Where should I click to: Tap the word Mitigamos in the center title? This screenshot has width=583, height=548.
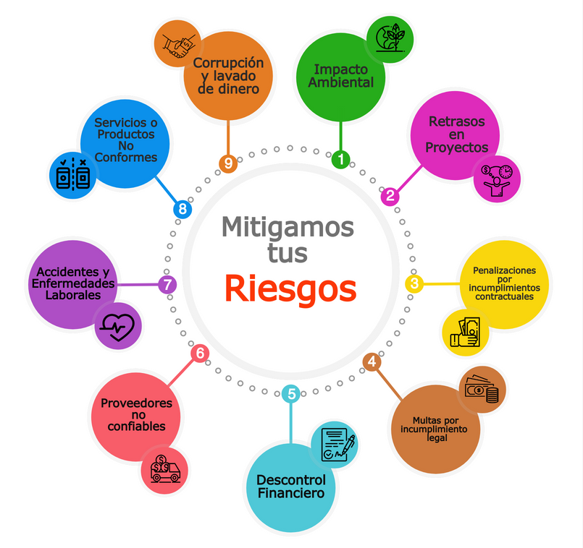(288, 227)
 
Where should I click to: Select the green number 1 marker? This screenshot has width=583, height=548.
(340, 159)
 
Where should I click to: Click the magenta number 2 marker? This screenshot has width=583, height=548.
(390, 195)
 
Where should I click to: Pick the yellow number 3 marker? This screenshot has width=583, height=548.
(414, 283)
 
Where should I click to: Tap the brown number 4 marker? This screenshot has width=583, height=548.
(372, 361)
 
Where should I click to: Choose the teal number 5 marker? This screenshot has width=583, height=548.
(291, 394)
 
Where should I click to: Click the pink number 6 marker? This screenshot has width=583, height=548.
(200, 354)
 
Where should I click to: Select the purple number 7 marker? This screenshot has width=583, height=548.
(167, 285)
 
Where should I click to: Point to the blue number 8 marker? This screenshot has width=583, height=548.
(183, 209)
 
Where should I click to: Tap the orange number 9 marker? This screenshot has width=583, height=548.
(228, 163)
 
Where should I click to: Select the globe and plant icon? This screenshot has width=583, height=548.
(390, 38)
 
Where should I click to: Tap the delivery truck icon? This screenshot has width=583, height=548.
(164, 469)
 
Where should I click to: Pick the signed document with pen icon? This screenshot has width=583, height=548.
(337, 445)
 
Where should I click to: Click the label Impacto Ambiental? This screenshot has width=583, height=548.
(340, 76)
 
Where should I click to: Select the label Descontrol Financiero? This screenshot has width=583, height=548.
(291, 487)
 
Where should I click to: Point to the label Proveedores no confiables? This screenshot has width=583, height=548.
(136, 415)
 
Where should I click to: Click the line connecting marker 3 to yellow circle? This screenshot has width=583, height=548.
(442, 284)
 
